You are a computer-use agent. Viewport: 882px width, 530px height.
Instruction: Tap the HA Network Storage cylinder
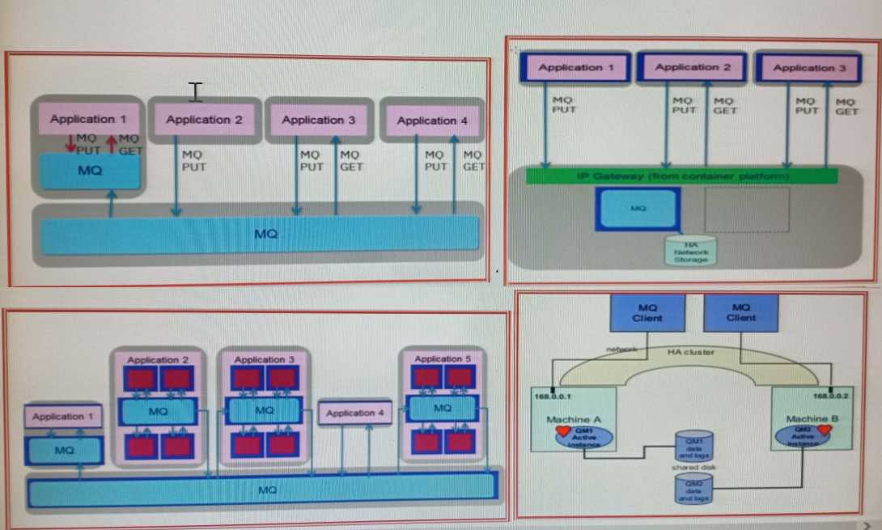(x=691, y=250)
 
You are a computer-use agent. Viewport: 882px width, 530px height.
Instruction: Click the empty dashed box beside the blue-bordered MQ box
(x=747, y=210)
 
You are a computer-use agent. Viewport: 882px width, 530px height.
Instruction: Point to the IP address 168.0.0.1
(x=552, y=396)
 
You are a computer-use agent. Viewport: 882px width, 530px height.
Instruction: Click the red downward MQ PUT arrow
(x=71, y=143)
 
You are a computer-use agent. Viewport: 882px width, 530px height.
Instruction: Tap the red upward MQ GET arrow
(x=111, y=143)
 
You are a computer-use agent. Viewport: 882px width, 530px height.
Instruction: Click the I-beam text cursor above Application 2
(x=195, y=91)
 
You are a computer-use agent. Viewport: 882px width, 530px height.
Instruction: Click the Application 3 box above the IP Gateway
(x=808, y=68)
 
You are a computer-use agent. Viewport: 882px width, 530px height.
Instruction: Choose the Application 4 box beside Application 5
(x=354, y=413)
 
